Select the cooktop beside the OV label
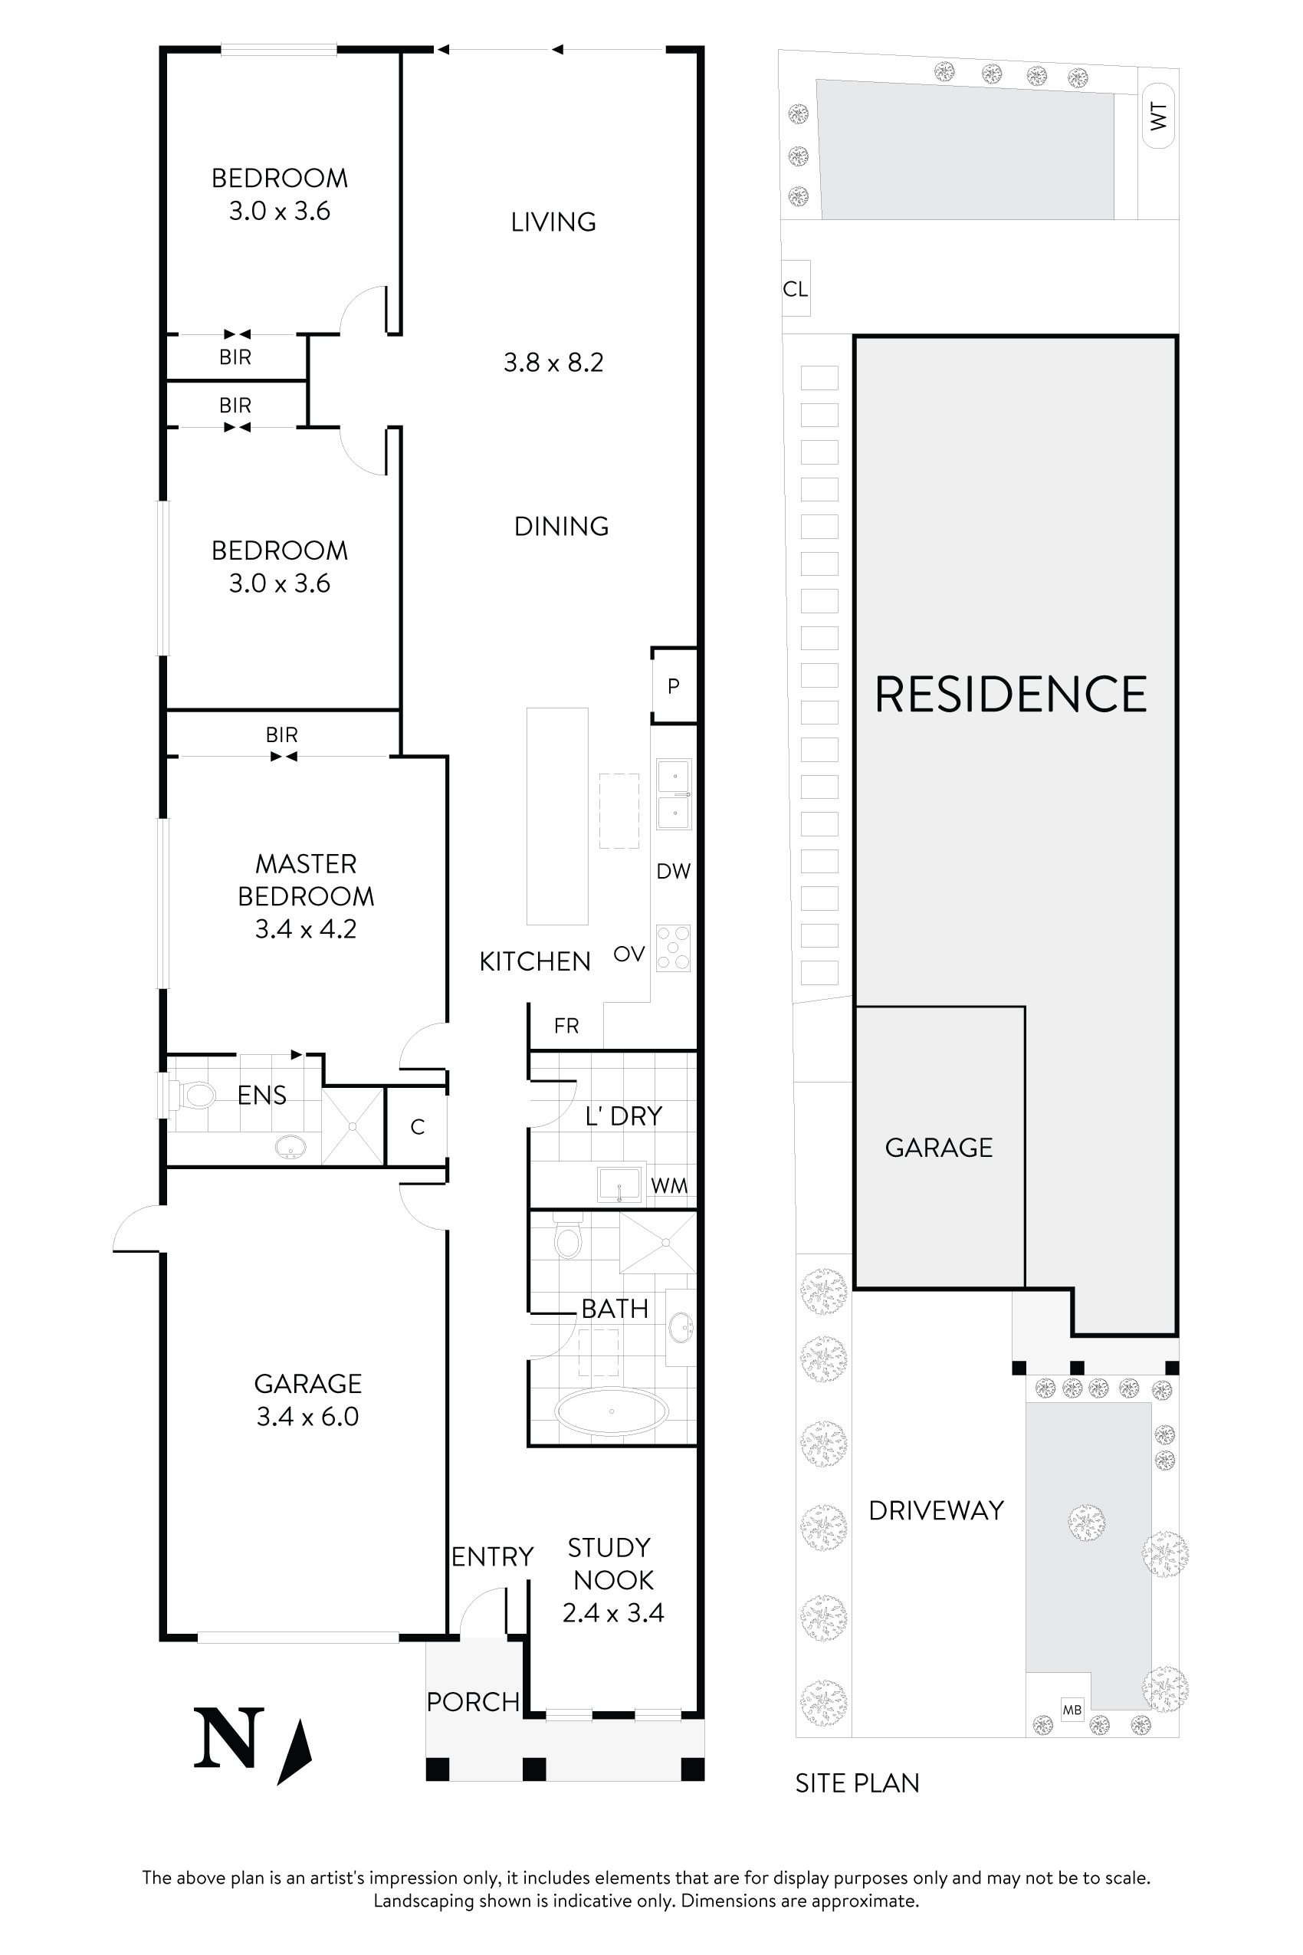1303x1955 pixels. (673, 948)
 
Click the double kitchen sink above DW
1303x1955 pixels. (674, 793)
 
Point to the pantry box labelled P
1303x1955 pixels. (674, 685)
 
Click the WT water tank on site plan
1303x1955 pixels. (1158, 116)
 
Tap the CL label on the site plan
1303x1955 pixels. (796, 288)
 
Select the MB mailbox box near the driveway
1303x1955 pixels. (1072, 1710)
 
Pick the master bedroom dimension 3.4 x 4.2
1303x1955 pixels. (306, 928)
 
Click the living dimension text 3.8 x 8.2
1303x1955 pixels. (553, 363)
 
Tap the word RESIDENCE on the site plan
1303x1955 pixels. (1010, 695)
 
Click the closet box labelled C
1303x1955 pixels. (417, 1126)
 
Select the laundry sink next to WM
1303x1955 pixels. (620, 1184)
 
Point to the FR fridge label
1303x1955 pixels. (566, 1026)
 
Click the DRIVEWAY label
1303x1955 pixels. (936, 1510)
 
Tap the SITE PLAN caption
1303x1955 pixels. (857, 1783)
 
